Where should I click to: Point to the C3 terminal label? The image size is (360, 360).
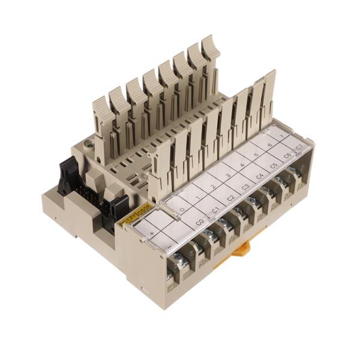click(x=245, y=187)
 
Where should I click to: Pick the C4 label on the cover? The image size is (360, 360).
click(x=259, y=176)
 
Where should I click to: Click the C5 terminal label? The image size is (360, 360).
click(x=274, y=166)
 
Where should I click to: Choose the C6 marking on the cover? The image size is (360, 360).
click(x=287, y=155)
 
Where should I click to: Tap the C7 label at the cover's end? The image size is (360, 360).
click(x=299, y=147)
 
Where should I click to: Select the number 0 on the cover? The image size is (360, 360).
click(x=182, y=209)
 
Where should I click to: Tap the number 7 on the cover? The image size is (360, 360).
click(x=283, y=137)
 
